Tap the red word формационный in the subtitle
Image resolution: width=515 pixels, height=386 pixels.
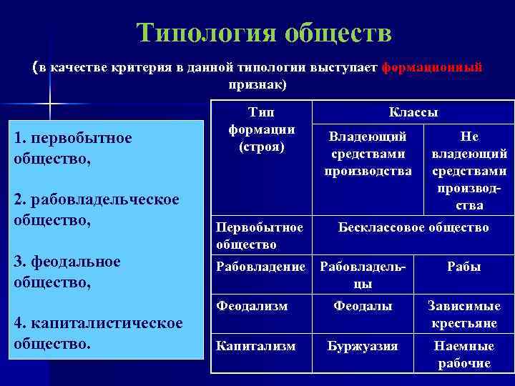(x=432, y=68)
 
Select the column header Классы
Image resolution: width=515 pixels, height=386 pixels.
(x=413, y=112)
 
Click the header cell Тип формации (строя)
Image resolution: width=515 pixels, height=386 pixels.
(x=260, y=129)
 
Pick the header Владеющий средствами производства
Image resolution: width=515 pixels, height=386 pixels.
(x=368, y=153)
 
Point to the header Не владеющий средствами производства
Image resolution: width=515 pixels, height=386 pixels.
(x=469, y=170)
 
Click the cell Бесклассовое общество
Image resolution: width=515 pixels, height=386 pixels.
(x=413, y=227)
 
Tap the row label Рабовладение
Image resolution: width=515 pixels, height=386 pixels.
(x=260, y=267)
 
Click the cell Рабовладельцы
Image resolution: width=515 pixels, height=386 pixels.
(x=363, y=274)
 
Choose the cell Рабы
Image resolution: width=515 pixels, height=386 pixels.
(x=463, y=267)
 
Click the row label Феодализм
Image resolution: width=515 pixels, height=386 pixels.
(x=252, y=306)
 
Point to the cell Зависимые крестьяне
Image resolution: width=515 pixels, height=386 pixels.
(x=463, y=314)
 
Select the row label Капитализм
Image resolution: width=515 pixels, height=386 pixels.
(x=255, y=346)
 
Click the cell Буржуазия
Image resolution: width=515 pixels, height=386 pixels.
(x=363, y=346)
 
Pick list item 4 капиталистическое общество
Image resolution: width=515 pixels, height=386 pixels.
(x=97, y=332)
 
